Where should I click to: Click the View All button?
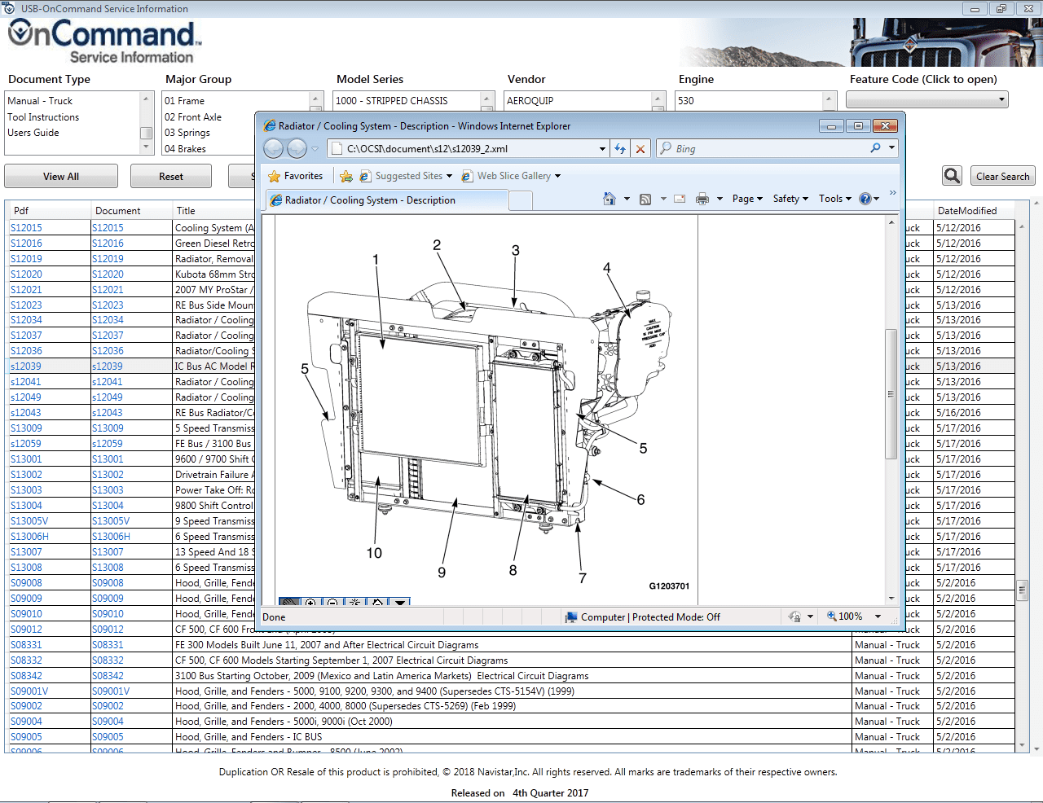point(61,177)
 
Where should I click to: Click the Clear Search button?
point(1002,177)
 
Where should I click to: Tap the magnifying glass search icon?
point(952,176)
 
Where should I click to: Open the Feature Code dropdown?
point(927,99)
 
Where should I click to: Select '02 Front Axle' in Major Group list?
point(193,117)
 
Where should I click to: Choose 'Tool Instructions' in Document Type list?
point(43,117)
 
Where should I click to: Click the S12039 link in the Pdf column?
point(26,366)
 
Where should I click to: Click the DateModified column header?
point(967,211)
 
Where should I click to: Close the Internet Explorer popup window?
point(884,126)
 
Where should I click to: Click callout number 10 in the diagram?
point(374,554)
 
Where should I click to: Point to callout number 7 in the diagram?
point(583,578)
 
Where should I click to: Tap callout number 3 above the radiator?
point(515,251)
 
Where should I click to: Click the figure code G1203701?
point(669,586)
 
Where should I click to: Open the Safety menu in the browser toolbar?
point(790,199)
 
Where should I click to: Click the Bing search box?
point(766,149)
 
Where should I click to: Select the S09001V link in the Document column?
point(111,691)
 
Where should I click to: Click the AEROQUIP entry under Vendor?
point(530,101)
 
